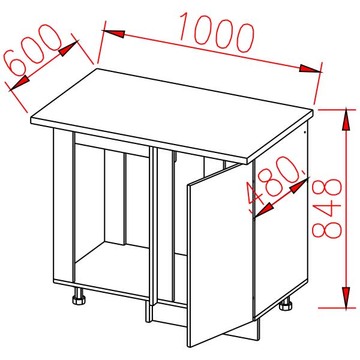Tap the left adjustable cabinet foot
78,296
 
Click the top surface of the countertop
174,111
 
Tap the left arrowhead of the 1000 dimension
114,34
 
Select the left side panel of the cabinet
63,207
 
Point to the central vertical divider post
153,228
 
